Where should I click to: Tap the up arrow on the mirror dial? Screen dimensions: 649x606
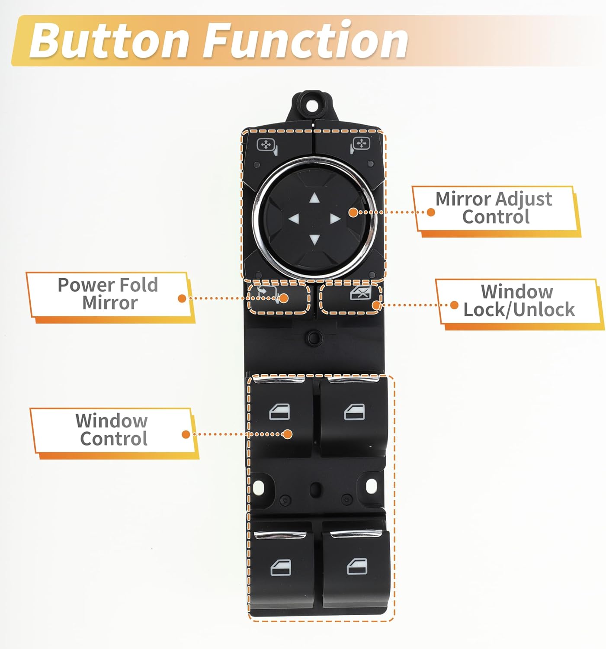(x=314, y=199)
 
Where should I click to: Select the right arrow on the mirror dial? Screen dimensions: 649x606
(x=334, y=219)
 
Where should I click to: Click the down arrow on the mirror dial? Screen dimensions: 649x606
(x=314, y=239)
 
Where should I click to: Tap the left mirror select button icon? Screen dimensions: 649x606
(x=266, y=145)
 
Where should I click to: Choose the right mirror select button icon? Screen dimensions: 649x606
(x=360, y=145)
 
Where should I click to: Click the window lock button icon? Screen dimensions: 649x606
(x=360, y=294)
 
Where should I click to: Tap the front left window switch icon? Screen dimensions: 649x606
(x=279, y=412)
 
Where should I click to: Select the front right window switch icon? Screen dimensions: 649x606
(x=354, y=412)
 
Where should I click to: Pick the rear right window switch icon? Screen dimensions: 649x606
(x=357, y=566)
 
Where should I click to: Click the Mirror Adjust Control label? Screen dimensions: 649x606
(x=494, y=208)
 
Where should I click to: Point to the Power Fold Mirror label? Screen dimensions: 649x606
(x=108, y=294)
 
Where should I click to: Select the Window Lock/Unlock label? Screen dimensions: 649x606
(x=518, y=301)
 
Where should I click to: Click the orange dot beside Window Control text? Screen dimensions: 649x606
(x=186, y=434)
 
